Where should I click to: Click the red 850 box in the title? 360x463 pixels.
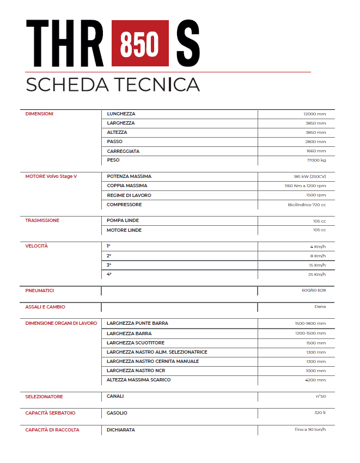pyautogui.click(x=139, y=42)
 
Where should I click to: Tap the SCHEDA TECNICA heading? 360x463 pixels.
pyautogui.click(x=113, y=84)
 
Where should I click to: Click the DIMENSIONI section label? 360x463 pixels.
pyautogui.click(x=39, y=114)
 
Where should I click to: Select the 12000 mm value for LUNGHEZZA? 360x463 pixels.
pyautogui.click(x=314, y=114)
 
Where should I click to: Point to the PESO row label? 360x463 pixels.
pyautogui.click(x=113, y=160)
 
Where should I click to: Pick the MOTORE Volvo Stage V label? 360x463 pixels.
pyautogui.click(x=51, y=176)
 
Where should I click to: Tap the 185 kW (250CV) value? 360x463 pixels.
pyautogui.click(x=309, y=177)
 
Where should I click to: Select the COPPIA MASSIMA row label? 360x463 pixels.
pyautogui.click(x=127, y=186)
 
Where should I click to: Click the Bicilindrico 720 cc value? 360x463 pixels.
pyautogui.click(x=307, y=205)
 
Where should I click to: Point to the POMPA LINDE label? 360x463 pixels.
pyautogui.click(x=123, y=220)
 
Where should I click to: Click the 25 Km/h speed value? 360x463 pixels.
pyautogui.click(x=316, y=274)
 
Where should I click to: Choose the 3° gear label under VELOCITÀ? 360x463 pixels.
pyautogui.click(x=109, y=265)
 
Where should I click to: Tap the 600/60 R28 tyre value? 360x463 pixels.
pyautogui.click(x=314, y=291)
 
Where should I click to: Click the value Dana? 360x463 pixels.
pyautogui.click(x=320, y=307)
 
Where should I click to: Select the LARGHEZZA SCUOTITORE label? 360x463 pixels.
pyautogui.click(x=136, y=343)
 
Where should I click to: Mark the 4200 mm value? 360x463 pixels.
pyautogui.click(x=315, y=380)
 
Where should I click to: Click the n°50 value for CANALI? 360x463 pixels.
pyautogui.click(x=320, y=396)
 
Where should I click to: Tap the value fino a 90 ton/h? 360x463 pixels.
pyautogui.click(x=310, y=430)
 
